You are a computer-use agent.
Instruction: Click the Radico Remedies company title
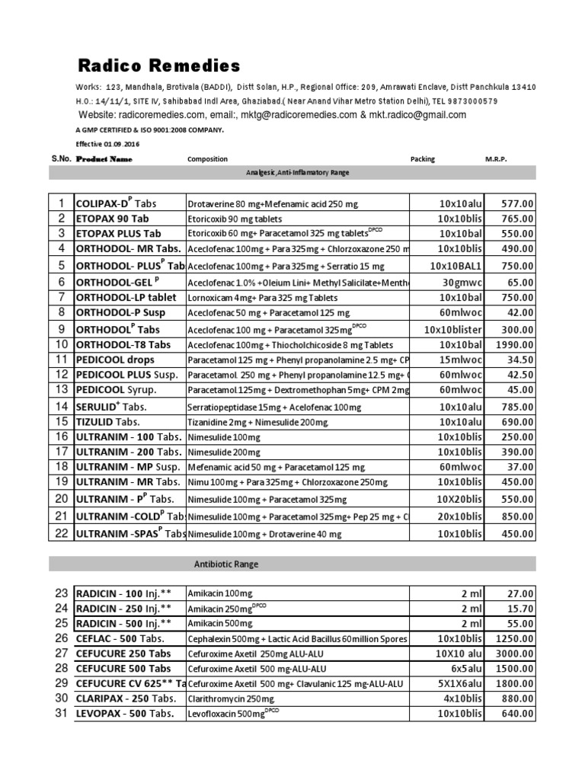(x=159, y=64)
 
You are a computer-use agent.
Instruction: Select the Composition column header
(x=207, y=159)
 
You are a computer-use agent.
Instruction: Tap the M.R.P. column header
(x=496, y=159)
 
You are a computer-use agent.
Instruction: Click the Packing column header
(x=423, y=159)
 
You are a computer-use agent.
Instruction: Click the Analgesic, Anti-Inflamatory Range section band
(x=292, y=173)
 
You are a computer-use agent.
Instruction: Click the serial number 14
(x=60, y=407)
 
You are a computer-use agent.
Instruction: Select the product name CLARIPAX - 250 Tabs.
(x=124, y=698)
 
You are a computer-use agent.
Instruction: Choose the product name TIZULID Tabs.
(x=107, y=421)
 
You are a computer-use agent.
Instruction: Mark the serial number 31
(x=61, y=713)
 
